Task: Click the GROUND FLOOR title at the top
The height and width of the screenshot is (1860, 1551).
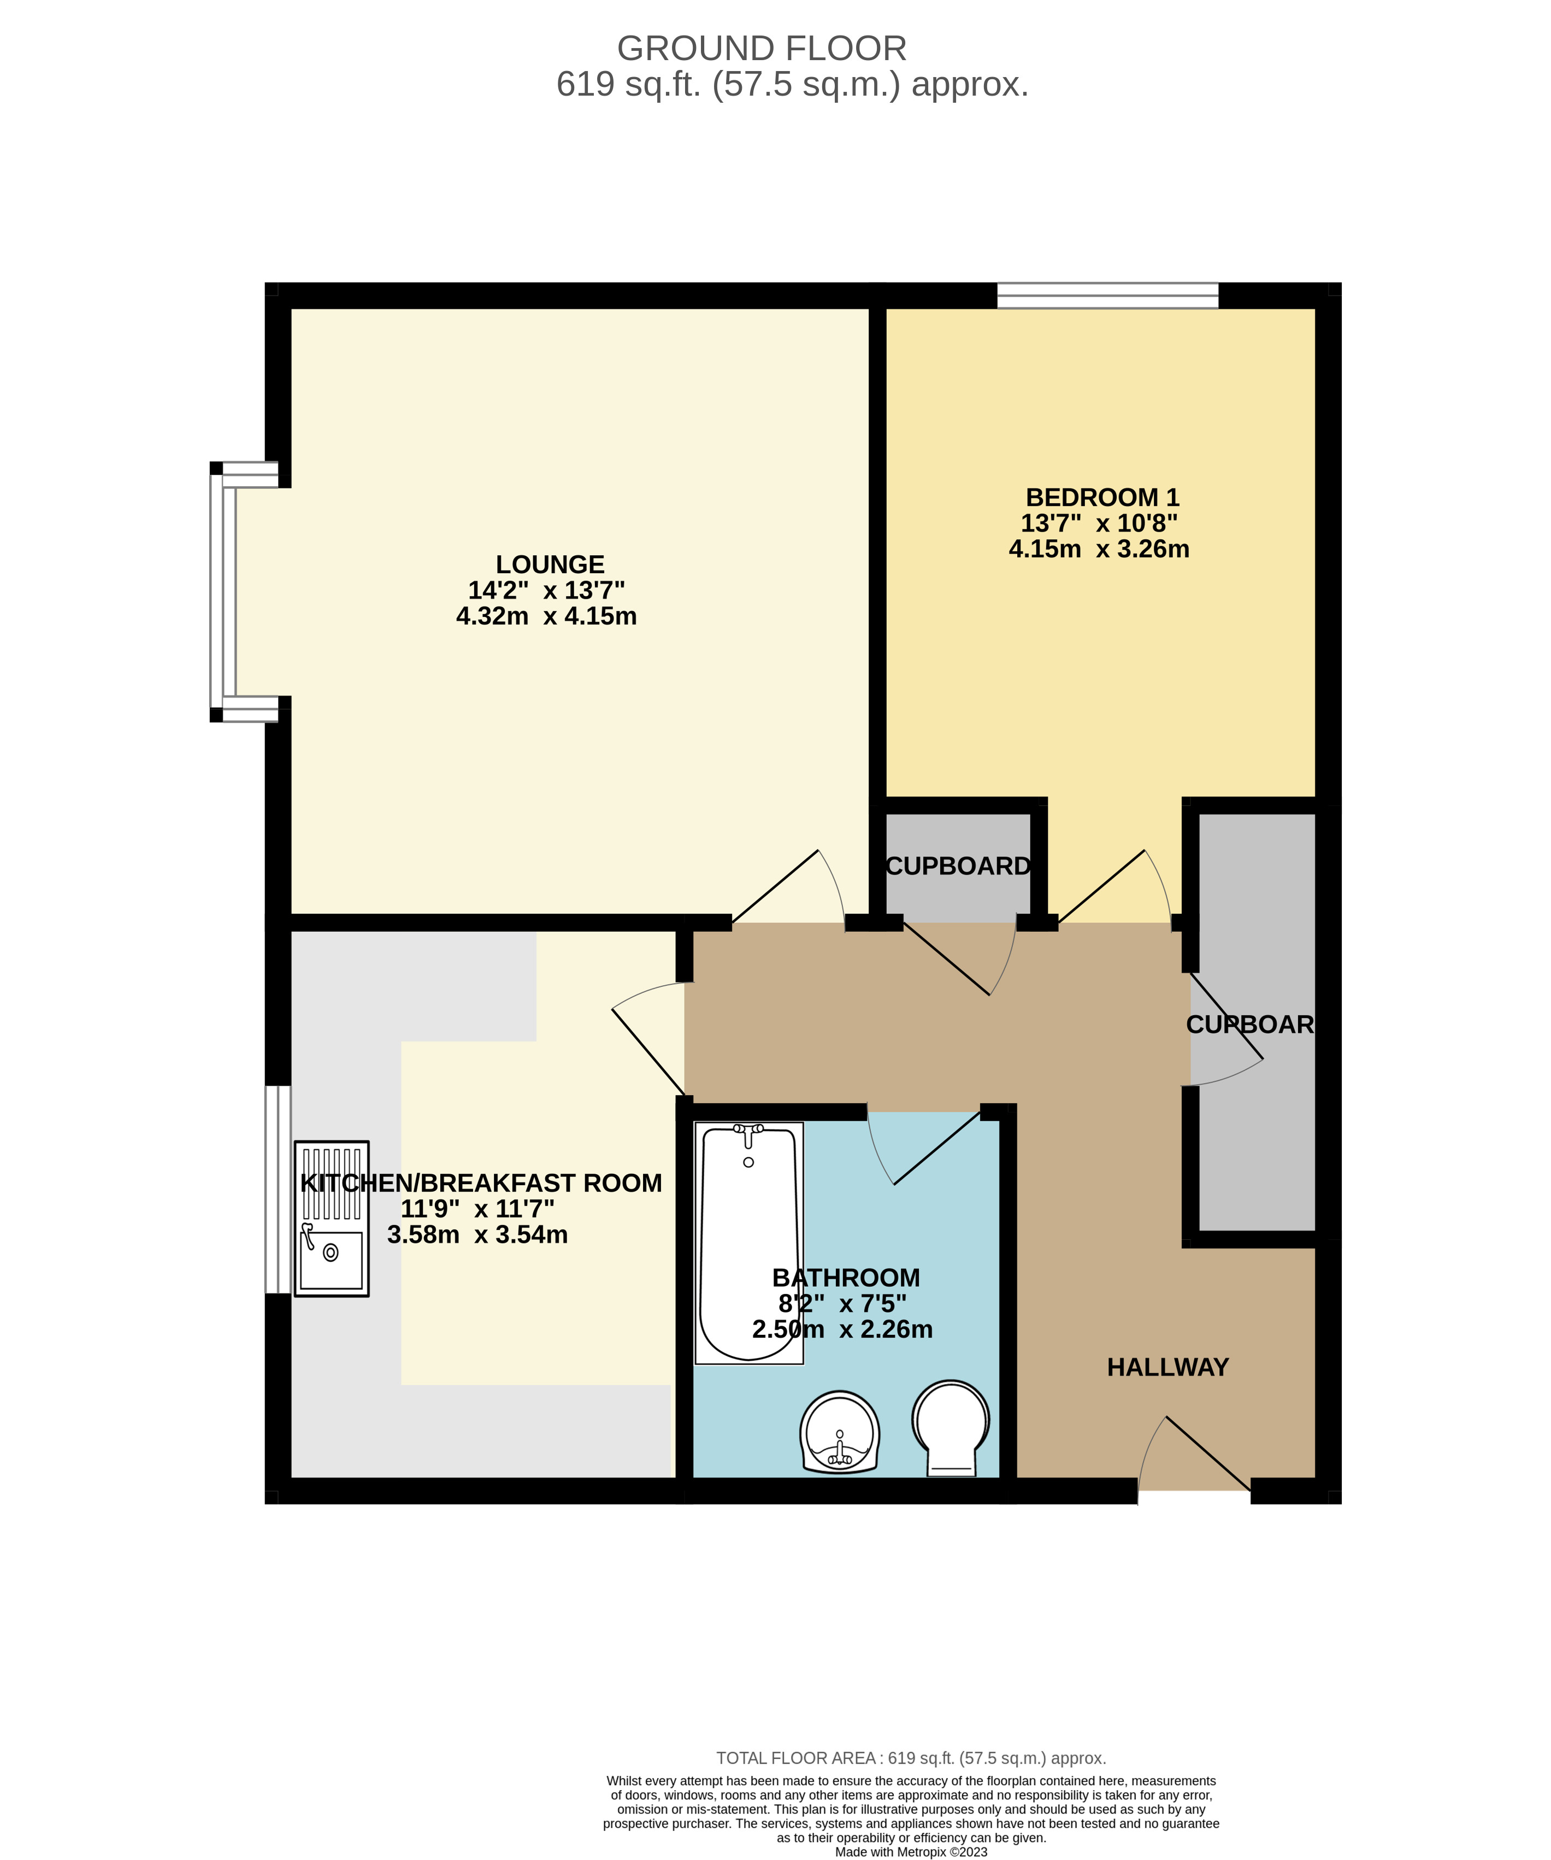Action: pyautogui.click(x=761, y=49)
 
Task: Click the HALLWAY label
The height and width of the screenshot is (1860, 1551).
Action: pyautogui.click(x=1167, y=1367)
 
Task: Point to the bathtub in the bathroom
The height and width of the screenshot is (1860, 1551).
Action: pyautogui.click(x=748, y=1240)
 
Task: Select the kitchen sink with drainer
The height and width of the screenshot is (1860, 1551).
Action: pyautogui.click(x=331, y=1219)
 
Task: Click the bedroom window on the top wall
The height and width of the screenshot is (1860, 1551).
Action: pyautogui.click(x=1107, y=295)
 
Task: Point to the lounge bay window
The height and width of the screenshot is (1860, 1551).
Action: pyautogui.click(x=223, y=592)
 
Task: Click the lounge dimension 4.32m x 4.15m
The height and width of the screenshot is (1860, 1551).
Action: pyautogui.click(x=546, y=616)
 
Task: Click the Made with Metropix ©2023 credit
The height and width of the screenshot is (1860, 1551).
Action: pyautogui.click(x=911, y=1851)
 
